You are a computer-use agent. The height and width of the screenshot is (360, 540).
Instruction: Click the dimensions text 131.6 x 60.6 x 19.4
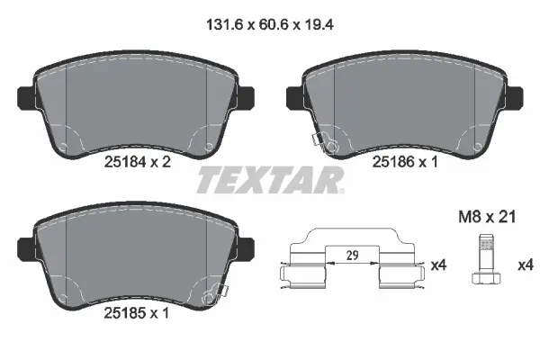point(269,27)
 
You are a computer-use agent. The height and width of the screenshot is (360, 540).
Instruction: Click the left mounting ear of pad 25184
point(26,93)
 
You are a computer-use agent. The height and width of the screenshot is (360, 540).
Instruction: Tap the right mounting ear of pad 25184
point(247,93)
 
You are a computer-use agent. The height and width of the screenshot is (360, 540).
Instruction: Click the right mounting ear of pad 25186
point(515,93)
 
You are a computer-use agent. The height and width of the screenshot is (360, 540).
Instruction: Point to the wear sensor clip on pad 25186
point(322,143)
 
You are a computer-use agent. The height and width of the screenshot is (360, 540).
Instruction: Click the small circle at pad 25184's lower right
point(210,147)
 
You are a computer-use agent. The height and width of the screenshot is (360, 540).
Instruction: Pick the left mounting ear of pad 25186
point(293,93)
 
